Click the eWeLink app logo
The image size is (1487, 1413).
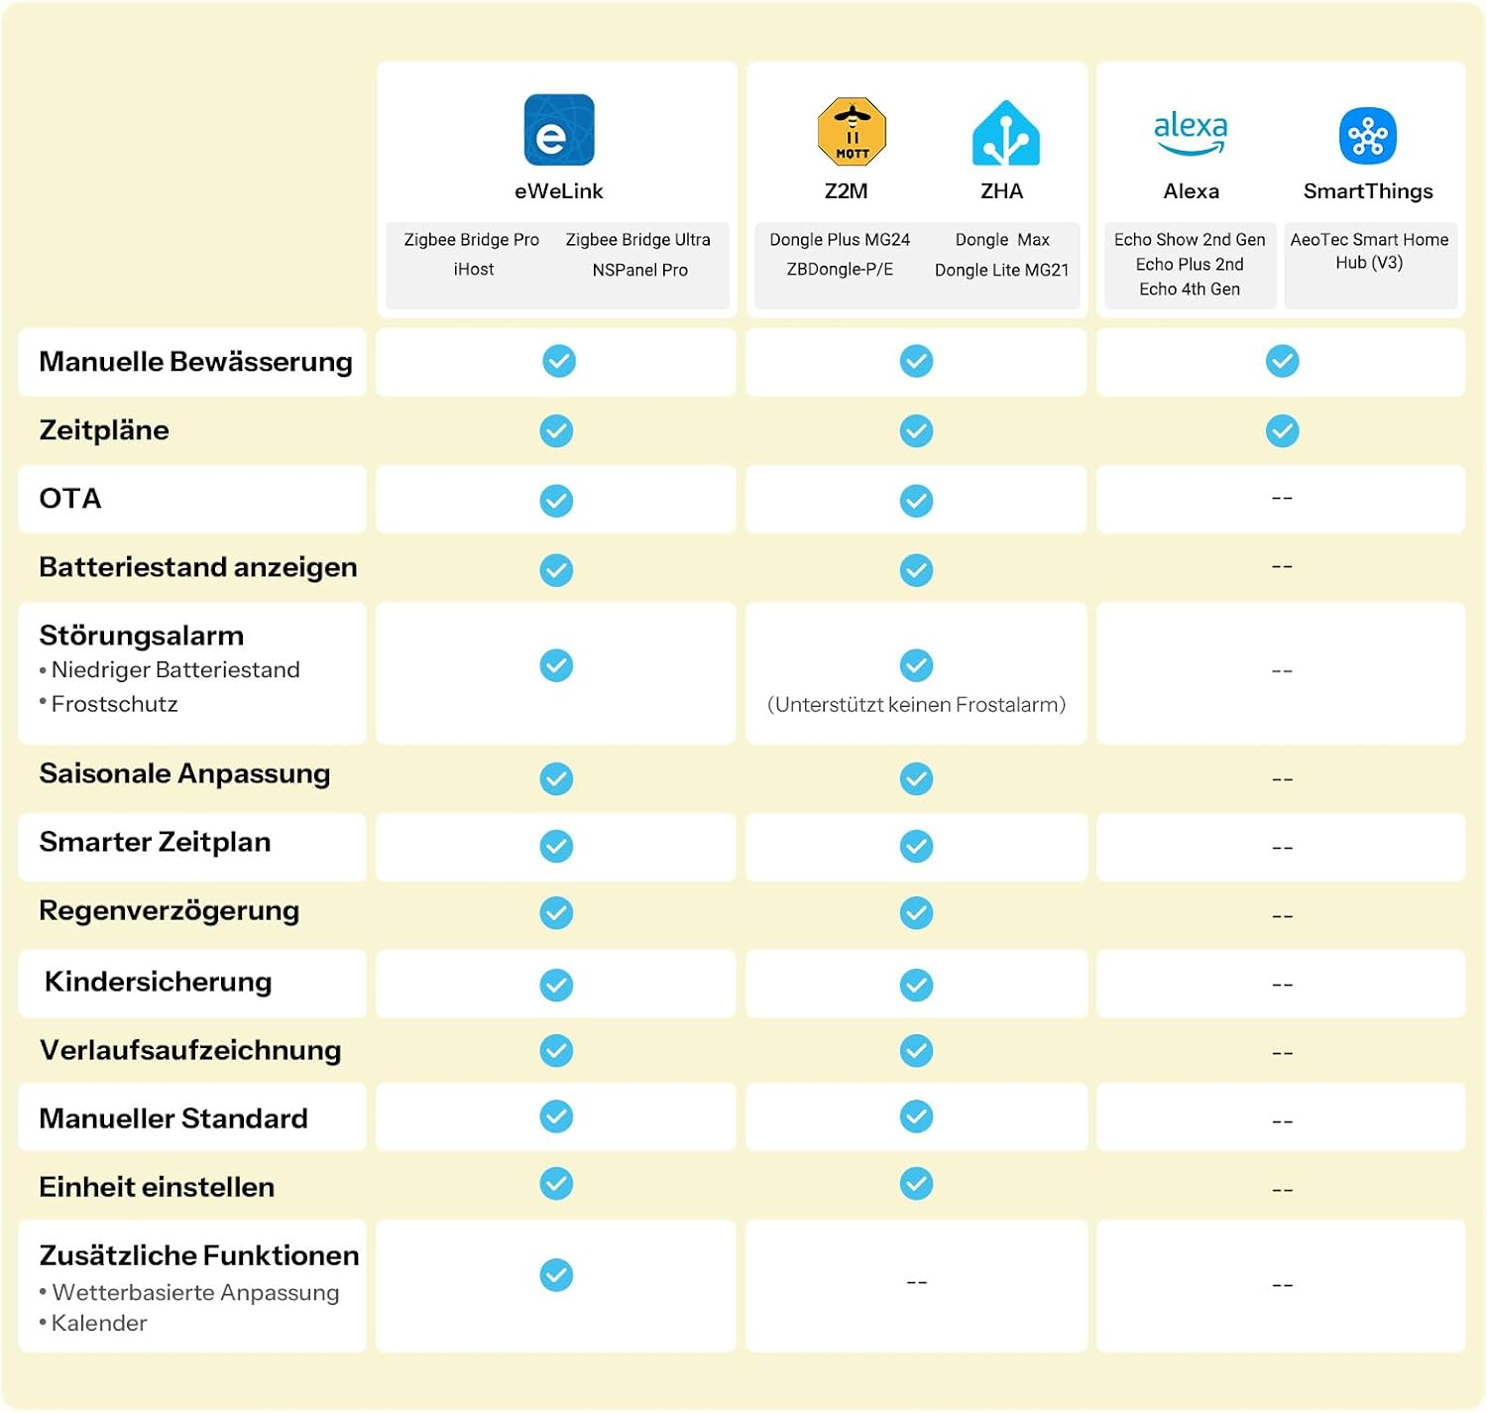(x=559, y=130)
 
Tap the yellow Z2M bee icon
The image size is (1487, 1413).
(x=852, y=131)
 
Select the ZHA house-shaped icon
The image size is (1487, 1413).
(x=1005, y=133)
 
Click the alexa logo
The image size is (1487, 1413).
(x=1191, y=133)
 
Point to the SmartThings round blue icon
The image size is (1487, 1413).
(x=1367, y=136)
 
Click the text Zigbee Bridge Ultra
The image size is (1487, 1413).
(x=637, y=240)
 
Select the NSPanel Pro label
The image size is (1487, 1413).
(x=639, y=270)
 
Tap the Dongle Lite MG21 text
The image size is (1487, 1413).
(x=1001, y=270)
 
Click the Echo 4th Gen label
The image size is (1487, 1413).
(x=1189, y=290)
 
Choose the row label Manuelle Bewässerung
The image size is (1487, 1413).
(x=196, y=362)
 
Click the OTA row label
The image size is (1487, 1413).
(x=70, y=499)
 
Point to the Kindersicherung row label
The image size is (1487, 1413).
(x=158, y=982)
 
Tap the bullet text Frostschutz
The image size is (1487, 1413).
(x=114, y=704)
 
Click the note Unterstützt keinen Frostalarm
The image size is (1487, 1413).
(x=916, y=705)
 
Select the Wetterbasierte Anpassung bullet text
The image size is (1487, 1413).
(x=195, y=1292)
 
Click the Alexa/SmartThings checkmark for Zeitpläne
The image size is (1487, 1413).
(x=1282, y=430)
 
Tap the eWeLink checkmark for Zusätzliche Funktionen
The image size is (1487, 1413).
(x=556, y=1275)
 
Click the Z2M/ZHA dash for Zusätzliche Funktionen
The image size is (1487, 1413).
(x=917, y=1282)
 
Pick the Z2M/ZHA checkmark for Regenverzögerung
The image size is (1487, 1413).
(x=916, y=912)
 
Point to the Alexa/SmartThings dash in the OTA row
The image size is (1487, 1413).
(x=1282, y=498)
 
